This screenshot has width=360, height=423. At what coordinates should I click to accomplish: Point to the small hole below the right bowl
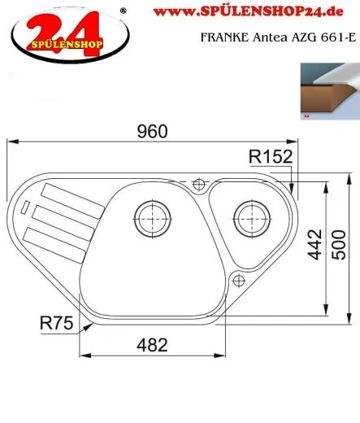(x=239, y=280)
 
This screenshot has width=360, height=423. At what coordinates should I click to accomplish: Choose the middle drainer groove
(x=58, y=216)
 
